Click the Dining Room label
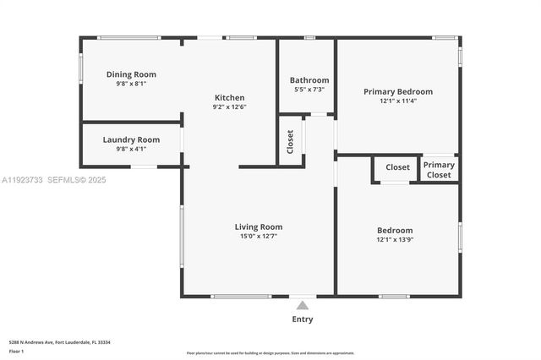(131, 74)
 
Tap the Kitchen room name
(229, 98)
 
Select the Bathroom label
(309, 80)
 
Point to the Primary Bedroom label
(397, 91)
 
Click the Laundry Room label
(131, 139)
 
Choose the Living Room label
(258, 226)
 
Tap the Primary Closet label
(439, 170)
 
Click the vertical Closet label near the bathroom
(290, 140)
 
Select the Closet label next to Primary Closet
(397, 167)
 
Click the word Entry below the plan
(302, 319)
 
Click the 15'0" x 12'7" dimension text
(258, 237)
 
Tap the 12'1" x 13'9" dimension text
(395, 239)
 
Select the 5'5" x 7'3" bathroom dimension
(309, 90)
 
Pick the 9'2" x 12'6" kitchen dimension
(229, 106)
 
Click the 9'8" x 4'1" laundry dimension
(131, 149)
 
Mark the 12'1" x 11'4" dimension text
(397, 101)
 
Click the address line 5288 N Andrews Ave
(59, 342)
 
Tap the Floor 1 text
(16, 350)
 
